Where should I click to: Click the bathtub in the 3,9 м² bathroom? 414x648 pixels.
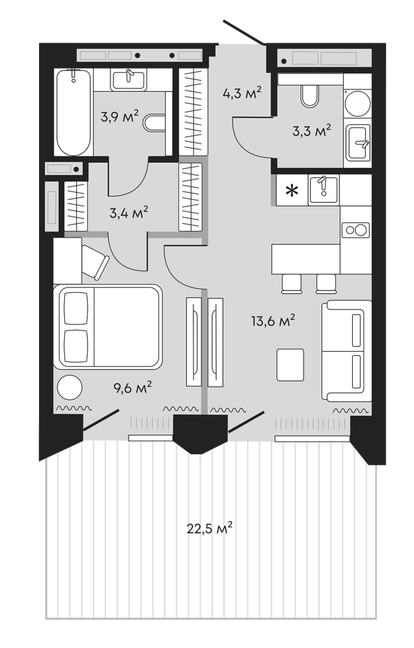point(73,112)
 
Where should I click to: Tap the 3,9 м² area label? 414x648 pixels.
point(120,116)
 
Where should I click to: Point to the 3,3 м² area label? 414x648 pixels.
point(312,130)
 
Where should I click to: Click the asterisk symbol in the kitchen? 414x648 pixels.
point(291,191)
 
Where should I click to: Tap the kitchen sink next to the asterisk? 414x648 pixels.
point(323,190)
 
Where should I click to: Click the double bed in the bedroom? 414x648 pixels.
point(108,326)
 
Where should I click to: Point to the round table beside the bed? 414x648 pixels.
point(70,387)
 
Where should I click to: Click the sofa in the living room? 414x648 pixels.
point(346,351)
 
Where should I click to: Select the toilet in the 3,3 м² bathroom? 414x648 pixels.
point(310,95)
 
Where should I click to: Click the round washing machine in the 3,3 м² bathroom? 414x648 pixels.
point(358,103)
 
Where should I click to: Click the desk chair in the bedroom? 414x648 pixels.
point(95,262)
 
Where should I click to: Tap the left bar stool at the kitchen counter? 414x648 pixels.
point(291,283)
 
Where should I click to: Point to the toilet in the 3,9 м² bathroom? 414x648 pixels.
point(156,123)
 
